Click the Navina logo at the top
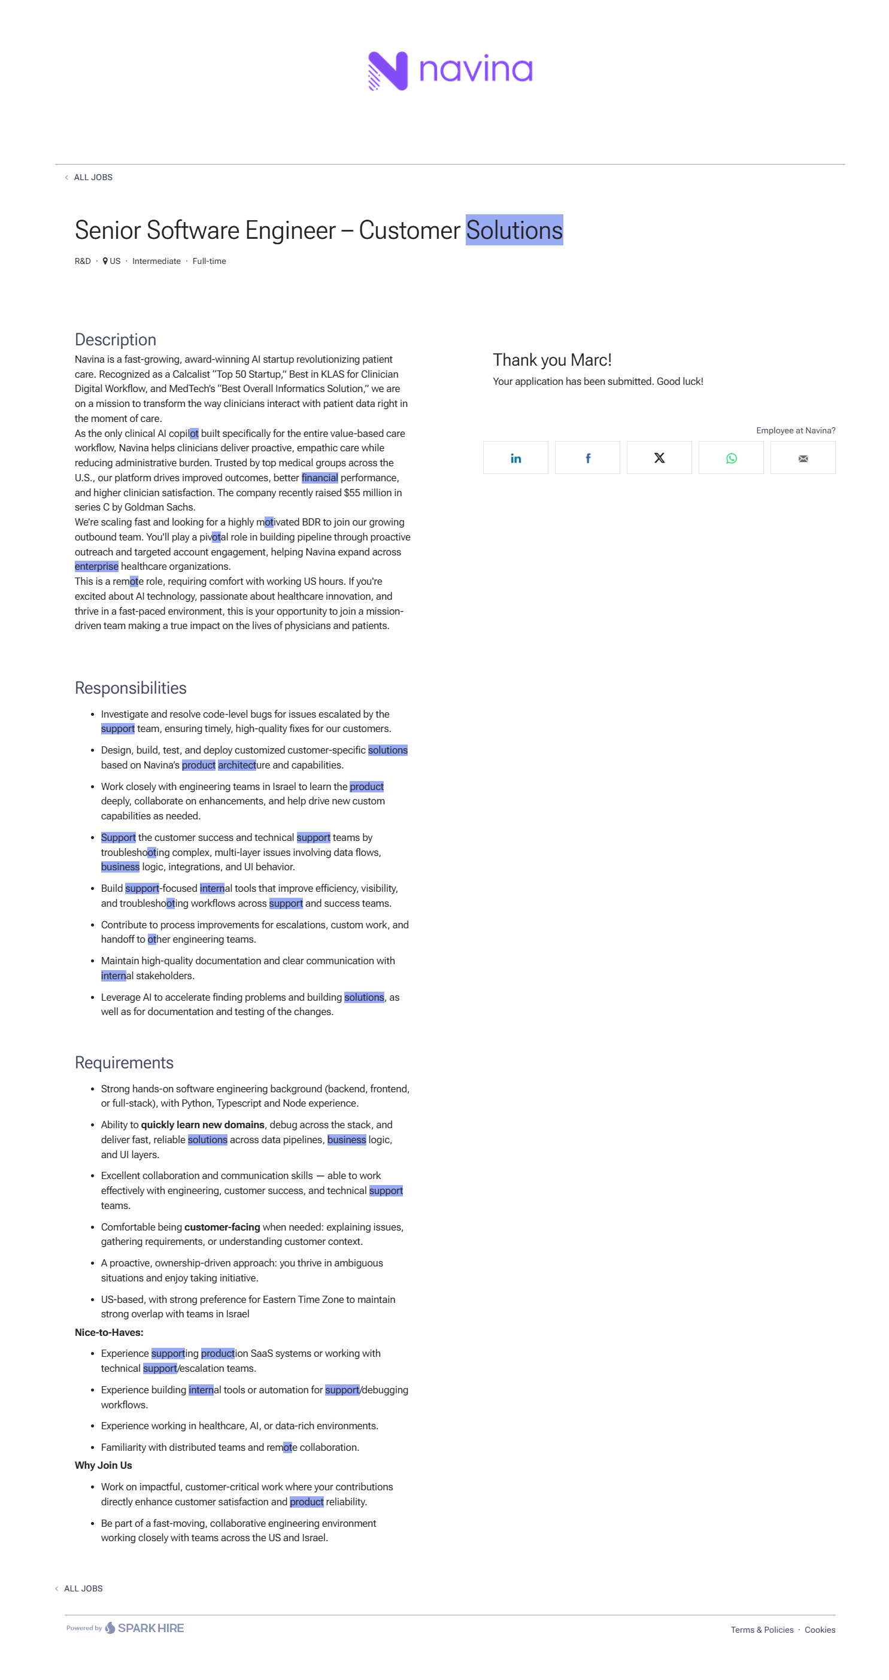[450, 71]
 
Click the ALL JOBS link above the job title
[93, 177]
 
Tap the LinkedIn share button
[515, 458]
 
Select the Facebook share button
[587, 458]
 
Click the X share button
[659, 458]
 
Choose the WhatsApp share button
[730, 458]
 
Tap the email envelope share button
[802, 458]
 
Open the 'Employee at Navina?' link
[795, 430]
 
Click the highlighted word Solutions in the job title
[514, 230]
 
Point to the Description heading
[116, 340]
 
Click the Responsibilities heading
[131, 688]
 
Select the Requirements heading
[124, 1062]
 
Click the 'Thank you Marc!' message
[552, 360]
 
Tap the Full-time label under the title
[209, 261]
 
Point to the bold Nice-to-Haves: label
[109, 1332]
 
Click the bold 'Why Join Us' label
[103, 1465]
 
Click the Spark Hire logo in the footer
[144, 1628]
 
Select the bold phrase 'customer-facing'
[222, 1227]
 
